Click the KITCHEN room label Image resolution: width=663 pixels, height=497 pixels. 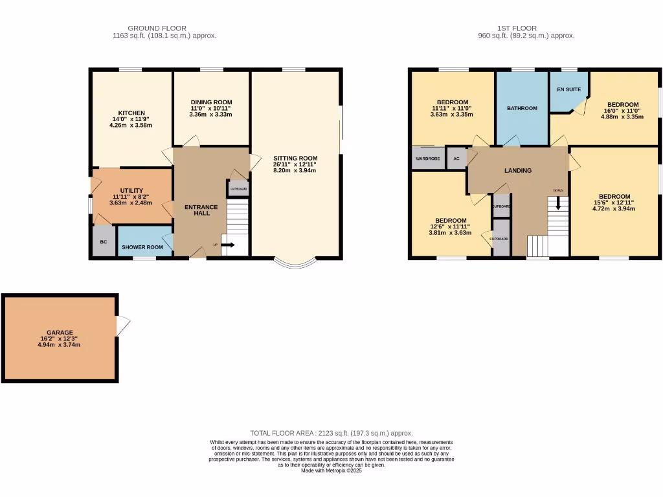pyautogui.click(x=131, y=113)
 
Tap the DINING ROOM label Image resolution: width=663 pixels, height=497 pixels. pyautogui.click(x=211, y=102)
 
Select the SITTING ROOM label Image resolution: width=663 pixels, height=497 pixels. pyautogui.click(x=295, y=158)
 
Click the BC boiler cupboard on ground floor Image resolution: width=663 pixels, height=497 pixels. pyautogui.click(x=103, y=242)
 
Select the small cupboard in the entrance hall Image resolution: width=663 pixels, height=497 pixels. pyautogui.click(x=238, y=188)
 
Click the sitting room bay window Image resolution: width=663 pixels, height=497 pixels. pyautogui.click(x=295, y=264)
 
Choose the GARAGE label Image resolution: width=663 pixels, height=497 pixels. pyautogui.click(x=60, y=333)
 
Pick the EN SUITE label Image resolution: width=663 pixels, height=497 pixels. pyautogui.click(x=569, y=89)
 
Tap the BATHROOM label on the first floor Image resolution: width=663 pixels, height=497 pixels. pyautogui.click(x=522, y=108)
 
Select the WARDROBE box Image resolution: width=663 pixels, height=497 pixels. pyautogui.click(x=427, y=159)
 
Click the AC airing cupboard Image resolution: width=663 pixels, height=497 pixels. pyautogui.click(x=456, y=159)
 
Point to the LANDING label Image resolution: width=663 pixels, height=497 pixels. pyautogui.click(x=518, y=171)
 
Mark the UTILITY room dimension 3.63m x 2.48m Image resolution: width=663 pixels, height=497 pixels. pyautogui.click(x=131, y=203)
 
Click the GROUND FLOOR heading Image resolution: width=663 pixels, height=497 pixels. pyautogui.click(x=157, y=28)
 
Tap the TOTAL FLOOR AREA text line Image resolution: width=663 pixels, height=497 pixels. pyautogui.click(x=331, y=433)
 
